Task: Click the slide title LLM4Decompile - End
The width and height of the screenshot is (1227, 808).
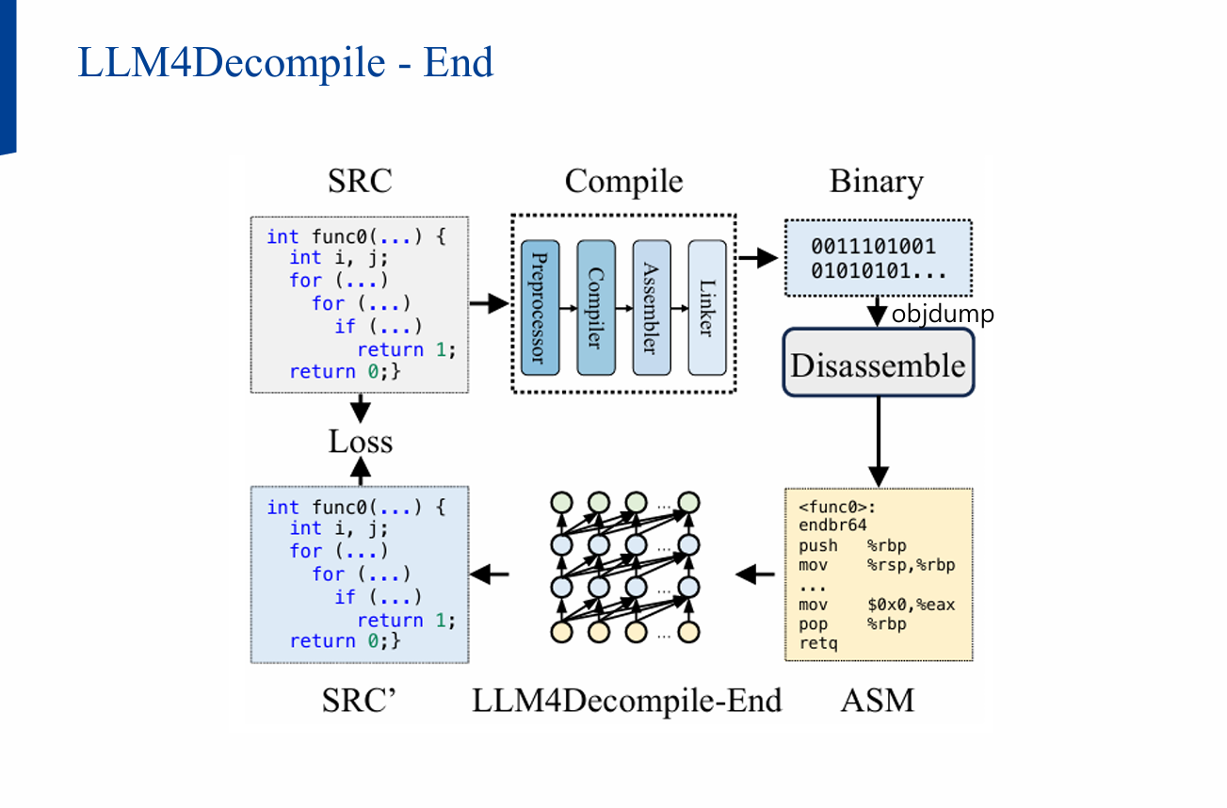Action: pos(285,63)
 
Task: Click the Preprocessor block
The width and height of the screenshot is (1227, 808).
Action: pos(540,307)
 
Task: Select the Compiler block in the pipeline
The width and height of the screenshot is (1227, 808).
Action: pos(595,307)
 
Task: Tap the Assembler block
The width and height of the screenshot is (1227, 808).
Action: pos(652,307)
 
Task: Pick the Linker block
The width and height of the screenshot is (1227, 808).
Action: pos(707,307)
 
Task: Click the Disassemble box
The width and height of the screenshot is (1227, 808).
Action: pos(878,363)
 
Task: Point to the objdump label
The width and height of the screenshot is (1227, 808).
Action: pos(942,314)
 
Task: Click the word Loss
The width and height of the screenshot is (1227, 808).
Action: pos(360,441)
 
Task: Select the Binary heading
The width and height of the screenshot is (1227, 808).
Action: pos(876,182)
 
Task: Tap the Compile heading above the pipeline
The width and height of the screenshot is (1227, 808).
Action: pos(623,182)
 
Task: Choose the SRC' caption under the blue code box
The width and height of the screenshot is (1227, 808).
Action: pos(360,701)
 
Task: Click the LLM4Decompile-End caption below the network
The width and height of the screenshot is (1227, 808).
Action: pos(627,701)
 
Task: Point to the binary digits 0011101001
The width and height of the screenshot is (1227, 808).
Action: pos(873,247)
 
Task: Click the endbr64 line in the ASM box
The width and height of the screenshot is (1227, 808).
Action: pos(832,525)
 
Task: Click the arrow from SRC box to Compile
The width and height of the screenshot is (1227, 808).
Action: pos(489,303)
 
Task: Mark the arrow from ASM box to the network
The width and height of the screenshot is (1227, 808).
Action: pos(753,574)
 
